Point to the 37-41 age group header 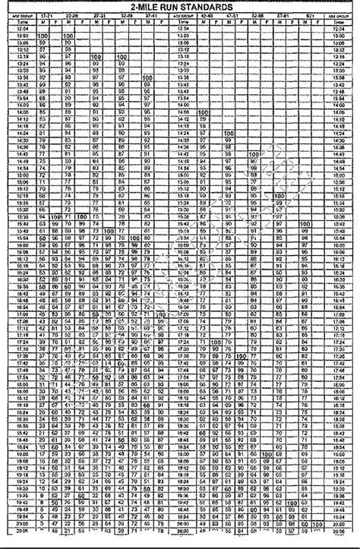pyautogui.click(x=152, y=16)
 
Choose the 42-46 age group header pyautogui.click(x=207, y=16)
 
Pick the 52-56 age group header pyautogui.click(x=259, y=16)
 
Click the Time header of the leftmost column pyautogui.click(x=20, y=23)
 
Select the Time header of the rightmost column pyautogui.click(x=338, y=23)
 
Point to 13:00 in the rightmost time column pyautogui.click(x=338, y=36)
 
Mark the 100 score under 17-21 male pyautogui.click(x=41, y=36)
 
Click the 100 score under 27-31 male pyautogui.click(x=96, y=56)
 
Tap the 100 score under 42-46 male pyautogui.click(x=201, y=112)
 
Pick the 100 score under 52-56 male pyautogui.click(x=253, y=153)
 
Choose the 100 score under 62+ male pyautogui.click(x=305, y=225)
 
